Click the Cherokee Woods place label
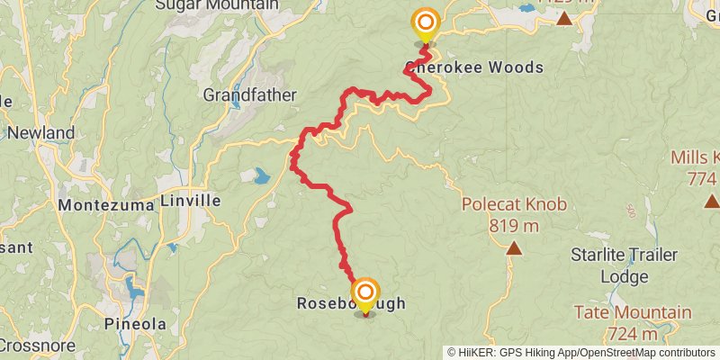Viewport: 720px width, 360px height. point(474,67)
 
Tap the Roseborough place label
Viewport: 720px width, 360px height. point(351,304)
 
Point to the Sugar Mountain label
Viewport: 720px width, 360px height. point(217,4)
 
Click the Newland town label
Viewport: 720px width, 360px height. point(40,133)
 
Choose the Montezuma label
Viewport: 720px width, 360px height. point(107,205)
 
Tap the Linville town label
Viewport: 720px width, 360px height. point(191,199)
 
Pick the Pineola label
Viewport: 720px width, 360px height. point(135,324)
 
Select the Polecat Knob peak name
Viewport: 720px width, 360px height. point(515,204)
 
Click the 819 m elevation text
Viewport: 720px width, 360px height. point(515,225)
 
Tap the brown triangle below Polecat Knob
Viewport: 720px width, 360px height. point(514,247)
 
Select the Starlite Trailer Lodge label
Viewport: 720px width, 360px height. point(622,266)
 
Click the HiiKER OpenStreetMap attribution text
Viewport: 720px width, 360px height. point(581,353)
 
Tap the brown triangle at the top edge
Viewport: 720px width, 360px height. point(564,17)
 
